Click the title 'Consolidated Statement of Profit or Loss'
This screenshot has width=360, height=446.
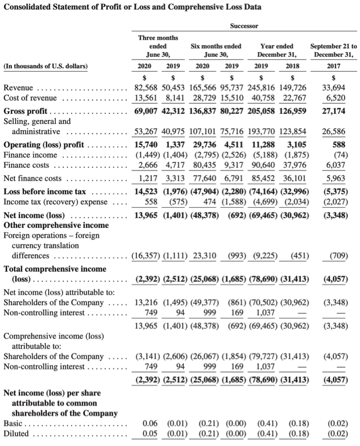[x=132, y=7]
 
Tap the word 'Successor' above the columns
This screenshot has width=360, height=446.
[x=244, y=25]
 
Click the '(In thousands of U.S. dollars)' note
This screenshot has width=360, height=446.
[x=45, y=66]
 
